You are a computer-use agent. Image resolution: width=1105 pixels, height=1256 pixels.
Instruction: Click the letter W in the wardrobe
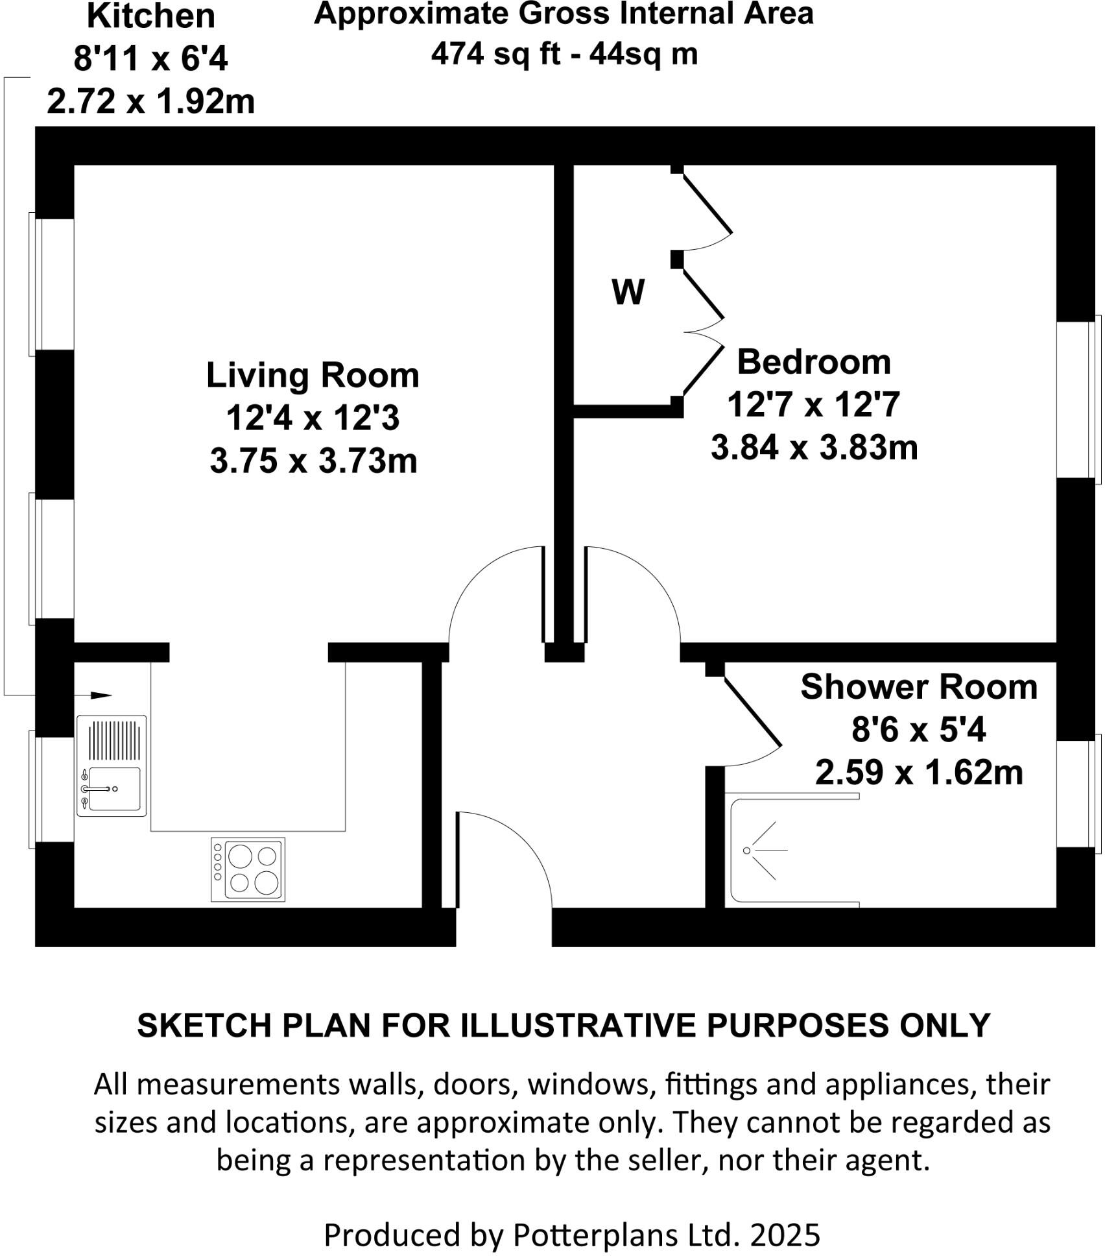(628, 292)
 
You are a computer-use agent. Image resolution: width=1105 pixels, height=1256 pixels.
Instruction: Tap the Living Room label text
(313, 376)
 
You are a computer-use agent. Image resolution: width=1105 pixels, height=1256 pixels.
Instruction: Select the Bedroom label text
(814, 362)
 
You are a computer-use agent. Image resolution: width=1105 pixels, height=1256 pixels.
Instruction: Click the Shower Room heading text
(918, 687)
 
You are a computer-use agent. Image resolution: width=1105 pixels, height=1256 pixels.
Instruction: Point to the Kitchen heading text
(150, 16)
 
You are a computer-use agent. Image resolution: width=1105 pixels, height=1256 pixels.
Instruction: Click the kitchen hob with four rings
(248, 869)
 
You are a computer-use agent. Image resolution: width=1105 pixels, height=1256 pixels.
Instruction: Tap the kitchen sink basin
(115, 789)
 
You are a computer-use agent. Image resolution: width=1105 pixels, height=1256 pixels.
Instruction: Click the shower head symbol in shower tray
(747, 850)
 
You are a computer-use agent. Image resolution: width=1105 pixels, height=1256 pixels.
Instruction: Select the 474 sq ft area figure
(495, 53)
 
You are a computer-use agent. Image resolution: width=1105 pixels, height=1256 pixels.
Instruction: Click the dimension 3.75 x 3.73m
(313, 462)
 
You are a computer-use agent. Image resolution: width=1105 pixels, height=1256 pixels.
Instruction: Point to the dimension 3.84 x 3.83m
(814, 448)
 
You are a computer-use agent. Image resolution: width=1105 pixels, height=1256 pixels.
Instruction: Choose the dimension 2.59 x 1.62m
(918, 773)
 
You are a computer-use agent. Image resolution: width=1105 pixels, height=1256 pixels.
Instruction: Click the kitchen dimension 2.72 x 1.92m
(150, 102)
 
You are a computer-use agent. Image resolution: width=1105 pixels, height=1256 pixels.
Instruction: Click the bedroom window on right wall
(1079, 399)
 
